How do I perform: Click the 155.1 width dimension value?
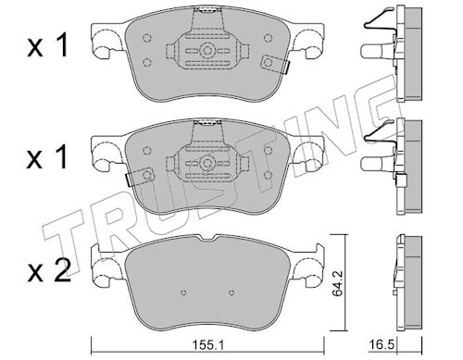click(207, 344)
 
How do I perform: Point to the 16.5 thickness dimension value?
click(382, 344)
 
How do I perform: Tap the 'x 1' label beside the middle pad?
click(47, 156)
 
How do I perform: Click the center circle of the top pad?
click(207, 50)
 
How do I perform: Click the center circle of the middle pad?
click(207, 163)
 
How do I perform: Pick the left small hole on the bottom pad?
click(183, 292)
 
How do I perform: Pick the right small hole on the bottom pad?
click(231, 292)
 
